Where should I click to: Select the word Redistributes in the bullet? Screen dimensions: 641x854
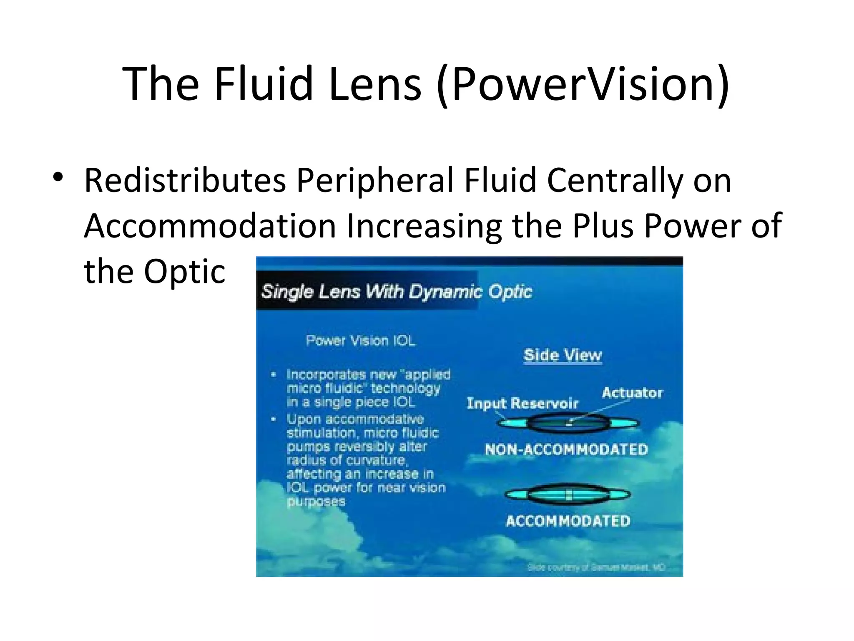185,181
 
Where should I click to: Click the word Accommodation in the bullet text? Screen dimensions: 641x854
210,226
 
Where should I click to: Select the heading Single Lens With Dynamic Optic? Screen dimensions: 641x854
397,292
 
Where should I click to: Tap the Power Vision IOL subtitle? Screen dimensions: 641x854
361,341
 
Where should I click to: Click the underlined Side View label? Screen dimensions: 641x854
563,356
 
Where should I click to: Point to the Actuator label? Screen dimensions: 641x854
632,393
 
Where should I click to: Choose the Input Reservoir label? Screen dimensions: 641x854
522,404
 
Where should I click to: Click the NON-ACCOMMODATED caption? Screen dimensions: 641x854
566,449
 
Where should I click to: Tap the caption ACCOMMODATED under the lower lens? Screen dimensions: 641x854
568,521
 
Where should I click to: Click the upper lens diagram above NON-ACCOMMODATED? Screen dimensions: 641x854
568,424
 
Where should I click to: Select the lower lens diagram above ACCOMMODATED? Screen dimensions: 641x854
568,495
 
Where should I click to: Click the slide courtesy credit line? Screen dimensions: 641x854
596,568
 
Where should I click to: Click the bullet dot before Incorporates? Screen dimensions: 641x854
273,375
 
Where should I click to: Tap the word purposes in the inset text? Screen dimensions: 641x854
316,501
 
